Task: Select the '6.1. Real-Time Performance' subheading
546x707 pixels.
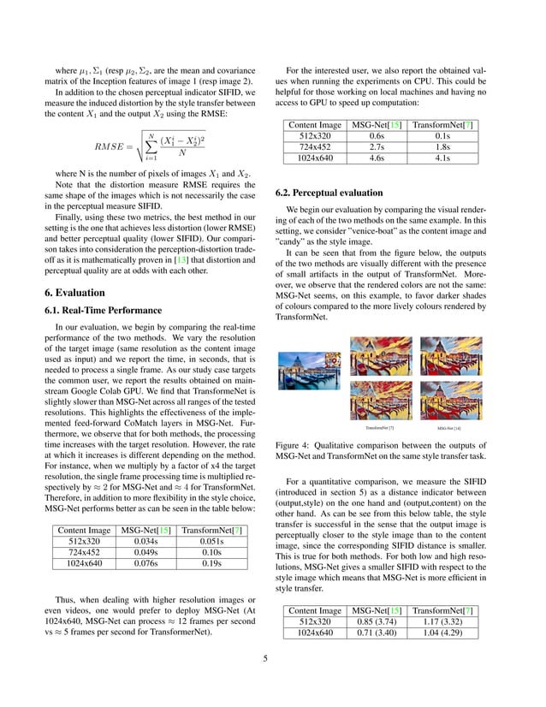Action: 97,310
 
